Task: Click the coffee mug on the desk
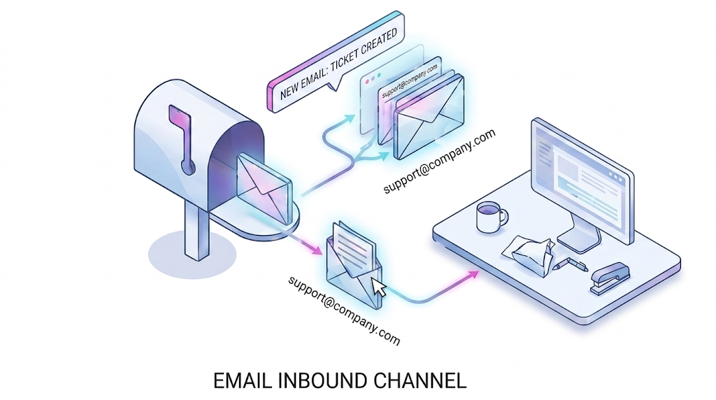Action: point(490,217)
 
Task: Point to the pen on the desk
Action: point(569,264)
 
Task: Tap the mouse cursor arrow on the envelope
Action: point(378,287)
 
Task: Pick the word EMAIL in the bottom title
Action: point(243,381)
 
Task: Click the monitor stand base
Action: point(580,239)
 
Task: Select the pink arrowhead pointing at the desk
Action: point(474,274)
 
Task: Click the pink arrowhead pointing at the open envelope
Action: point(315,249)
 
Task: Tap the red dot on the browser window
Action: point(367,81)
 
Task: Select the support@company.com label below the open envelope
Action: point(344,310)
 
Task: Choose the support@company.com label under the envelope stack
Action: point(439,161)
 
